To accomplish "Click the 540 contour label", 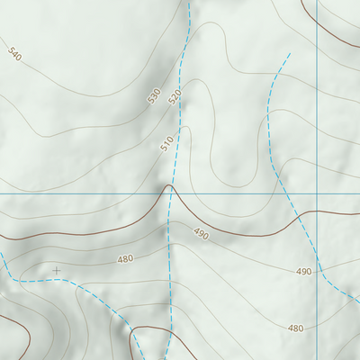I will point(13,55).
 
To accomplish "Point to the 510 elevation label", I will point(166,142).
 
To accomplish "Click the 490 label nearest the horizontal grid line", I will point(201,234).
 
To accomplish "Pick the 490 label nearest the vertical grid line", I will point(304,272).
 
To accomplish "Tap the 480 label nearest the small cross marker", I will point(125,259).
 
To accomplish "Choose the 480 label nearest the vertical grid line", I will point(295,328).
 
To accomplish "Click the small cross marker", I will point(57,270).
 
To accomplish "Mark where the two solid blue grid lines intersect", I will point(318,193).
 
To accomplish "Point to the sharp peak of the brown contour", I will point(168,187).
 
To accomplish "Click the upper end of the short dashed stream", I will point(289,54).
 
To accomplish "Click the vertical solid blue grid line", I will point(318,108).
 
